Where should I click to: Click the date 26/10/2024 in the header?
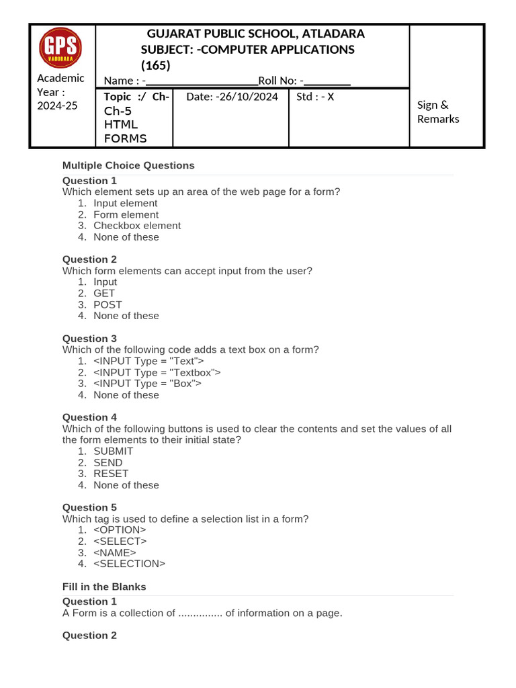pyautogui.click(x=232, y=97)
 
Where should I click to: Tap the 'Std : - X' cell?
pyautogui.click(x=315, y=97)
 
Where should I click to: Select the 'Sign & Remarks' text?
pyautogui.click(x=438, y=112)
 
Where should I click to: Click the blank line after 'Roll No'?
pyautogui.click(x=327, y=81)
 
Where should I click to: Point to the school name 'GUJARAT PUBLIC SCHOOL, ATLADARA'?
pyautogui.click(x=255, y=34)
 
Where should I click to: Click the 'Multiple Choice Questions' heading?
pyautogui.click(x=128, y=165)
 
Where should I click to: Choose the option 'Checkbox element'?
pyautogui.click(x=137, y=226)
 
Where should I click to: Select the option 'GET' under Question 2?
pyautogui.click(x=104, y=293)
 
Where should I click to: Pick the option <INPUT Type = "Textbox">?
pyautogui.click(x=157, y=372)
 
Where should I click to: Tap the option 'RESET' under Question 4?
pyautogui.click(x=111, y=474)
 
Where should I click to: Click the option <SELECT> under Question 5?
pyautogui.click(x=120, y=541)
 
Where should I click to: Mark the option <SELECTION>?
pyautogui.click(x=130, y=564)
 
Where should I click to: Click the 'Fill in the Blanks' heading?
pyautogui.click(x=104, y=587)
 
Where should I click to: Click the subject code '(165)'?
pyautogui.click(x=156, y=66)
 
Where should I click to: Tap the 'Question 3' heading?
pyautogui.click(x=89, y=339)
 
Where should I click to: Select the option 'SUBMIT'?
pyautogui.click(x=114, y=451)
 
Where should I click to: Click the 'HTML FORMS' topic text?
pyautogui.click(x=126, y=132)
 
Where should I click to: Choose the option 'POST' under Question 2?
pyautogui.click(x=107, y=304)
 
